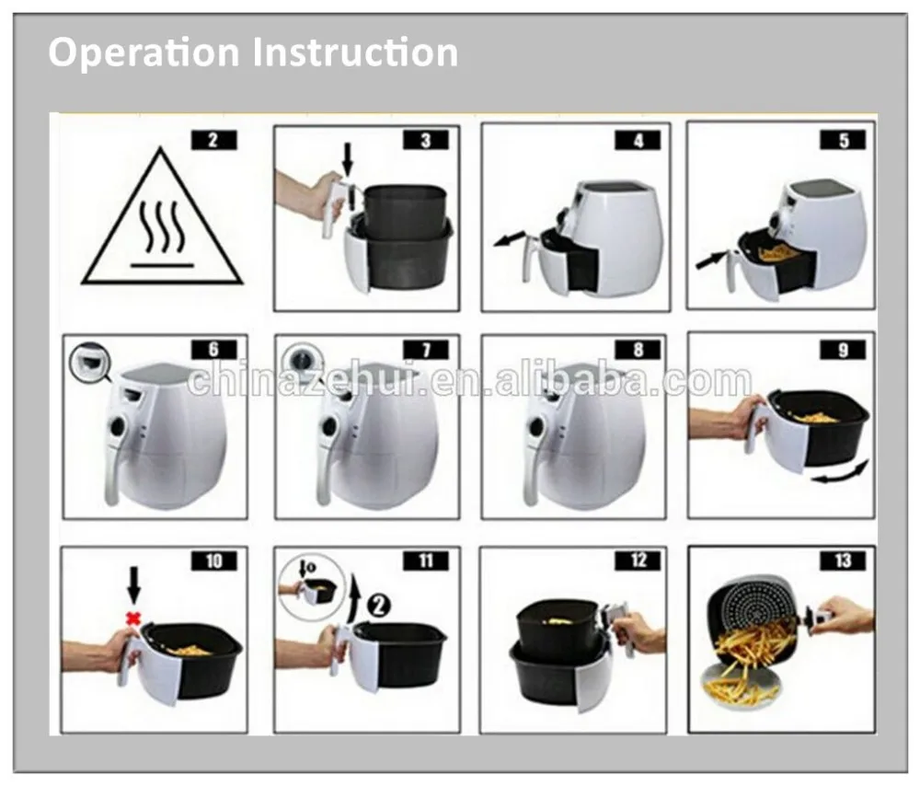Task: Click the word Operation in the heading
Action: (x=144, y=52)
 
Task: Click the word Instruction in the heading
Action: (x=355, y=52)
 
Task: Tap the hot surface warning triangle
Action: (x=161, y=218)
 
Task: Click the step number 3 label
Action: (x=425, y=140)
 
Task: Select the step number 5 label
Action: (x=843, y=140)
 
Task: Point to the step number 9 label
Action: (x=843, y=350)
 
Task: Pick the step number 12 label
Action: (x=638, y=561)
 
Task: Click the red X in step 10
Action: (x=134, y=618)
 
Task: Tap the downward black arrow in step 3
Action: (x=348, y=161)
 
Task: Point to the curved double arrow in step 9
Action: (x=840, y=473)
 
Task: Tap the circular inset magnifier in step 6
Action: (x=90, y=361)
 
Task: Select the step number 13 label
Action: (x=843, y=561)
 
